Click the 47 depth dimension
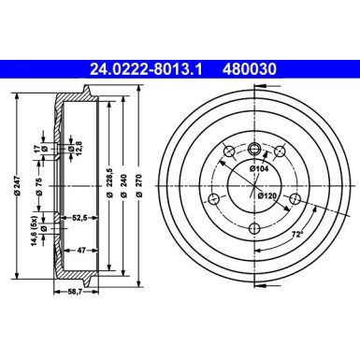click(x=82, y=251)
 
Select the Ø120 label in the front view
click(x=267, y=196)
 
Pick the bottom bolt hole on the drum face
click(x=254, y=216)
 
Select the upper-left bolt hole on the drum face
click(x=225, y=152)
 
